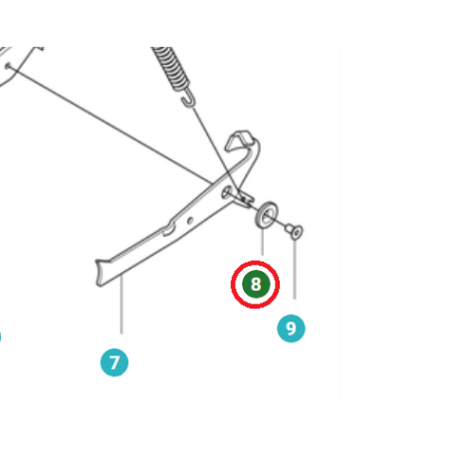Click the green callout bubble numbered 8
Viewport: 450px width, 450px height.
point(256,284)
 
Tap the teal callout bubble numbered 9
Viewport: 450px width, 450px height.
point(291,329)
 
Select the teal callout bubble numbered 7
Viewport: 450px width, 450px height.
point(114,362)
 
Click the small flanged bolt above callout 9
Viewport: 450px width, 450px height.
point(295,231)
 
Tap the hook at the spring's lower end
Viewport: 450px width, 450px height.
point(188,100)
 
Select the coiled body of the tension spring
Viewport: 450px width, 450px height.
point(171,68)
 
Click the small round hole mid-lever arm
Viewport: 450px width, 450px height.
point(190,220)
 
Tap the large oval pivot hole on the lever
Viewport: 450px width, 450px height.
point(227,192)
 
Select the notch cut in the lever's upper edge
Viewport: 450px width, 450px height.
point(168,229)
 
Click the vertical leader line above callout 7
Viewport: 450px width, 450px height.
point(121,305)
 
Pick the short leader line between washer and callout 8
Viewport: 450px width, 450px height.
point(263,242)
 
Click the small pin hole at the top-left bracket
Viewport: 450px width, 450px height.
point(8,66)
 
